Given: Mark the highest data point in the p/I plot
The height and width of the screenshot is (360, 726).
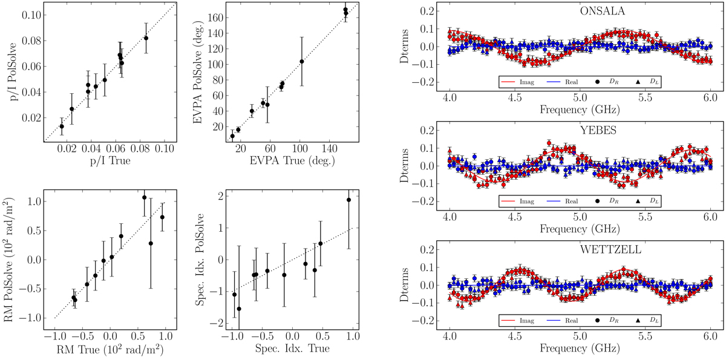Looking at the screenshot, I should (146, 38).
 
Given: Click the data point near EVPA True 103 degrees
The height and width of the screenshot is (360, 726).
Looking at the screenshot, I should (301, 62).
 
